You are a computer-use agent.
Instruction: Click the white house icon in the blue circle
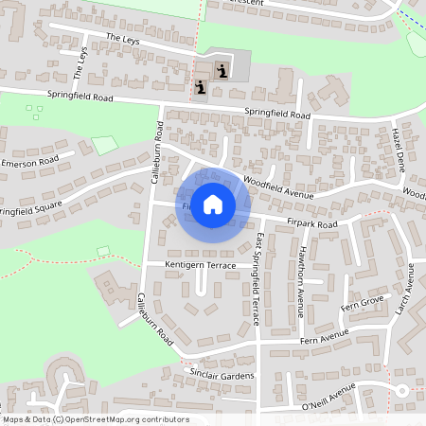click(x=213, y=203)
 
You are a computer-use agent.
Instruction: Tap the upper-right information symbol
click(x=222, y=69)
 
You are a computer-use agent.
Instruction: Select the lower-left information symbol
click(x=201, y=88)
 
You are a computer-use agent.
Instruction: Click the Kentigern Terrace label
click(x=200, y=266)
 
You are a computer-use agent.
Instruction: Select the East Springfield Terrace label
click(x=257, y=279)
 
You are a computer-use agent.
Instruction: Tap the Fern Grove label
click(x=363, y=302)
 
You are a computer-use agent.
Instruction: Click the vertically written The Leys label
click(x=80, y=64)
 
